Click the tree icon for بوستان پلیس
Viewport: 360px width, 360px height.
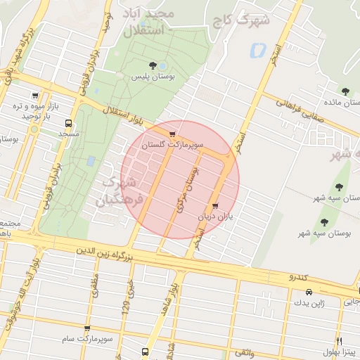(x=153, y=65)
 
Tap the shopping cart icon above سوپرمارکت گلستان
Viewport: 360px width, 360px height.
(x=172, y=134)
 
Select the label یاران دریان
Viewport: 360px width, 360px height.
(x=215, y=217)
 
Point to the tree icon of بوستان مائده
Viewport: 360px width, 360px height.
(x=345, y=91)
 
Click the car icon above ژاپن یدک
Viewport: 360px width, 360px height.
(x=309, y=292)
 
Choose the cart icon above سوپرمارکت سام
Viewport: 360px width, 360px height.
(x=87, y=328)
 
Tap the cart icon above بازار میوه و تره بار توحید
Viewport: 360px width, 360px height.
(x=34, y=96)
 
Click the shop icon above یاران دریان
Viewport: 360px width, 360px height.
(x=215, y=207)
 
